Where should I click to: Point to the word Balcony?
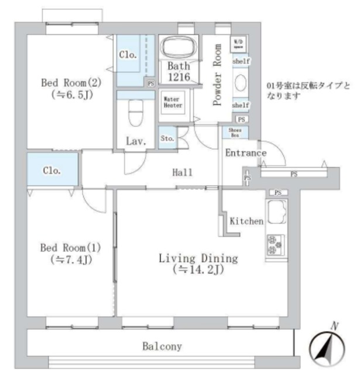[x=162, y=346]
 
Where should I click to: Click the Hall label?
[x=183, y=172]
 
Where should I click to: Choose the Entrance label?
[x=245, y=153]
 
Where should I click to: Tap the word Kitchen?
[x=246, y=221]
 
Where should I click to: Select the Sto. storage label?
[x=166, y=138]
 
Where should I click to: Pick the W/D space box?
[x=239, y=43]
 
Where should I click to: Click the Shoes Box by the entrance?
[x=235, y=132]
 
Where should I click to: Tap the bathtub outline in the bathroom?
[x=179, y=47]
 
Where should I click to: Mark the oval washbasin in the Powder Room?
[x=241, y=83]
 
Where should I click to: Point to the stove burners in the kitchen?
[x=274, y=246]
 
